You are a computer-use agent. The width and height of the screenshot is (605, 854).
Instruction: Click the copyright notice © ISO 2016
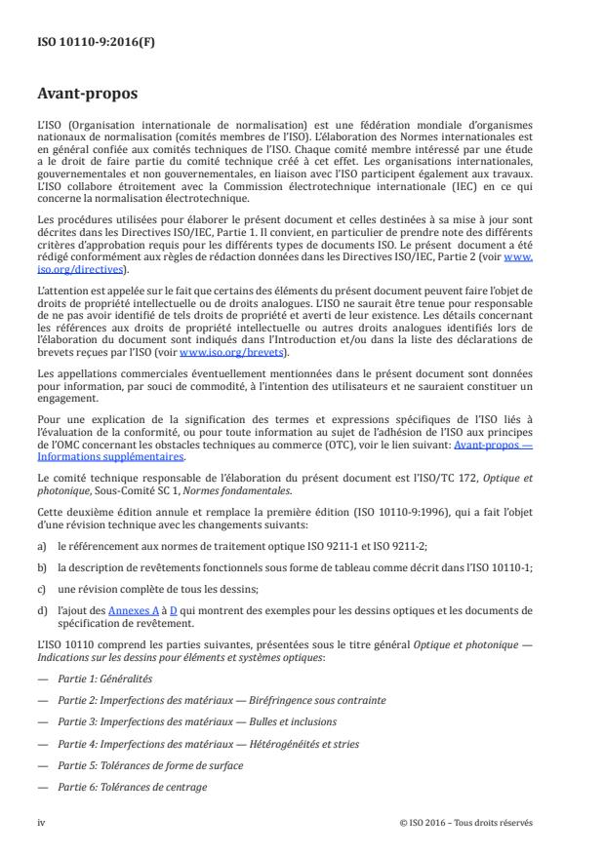pyautogui.click(x=466, y=821)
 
